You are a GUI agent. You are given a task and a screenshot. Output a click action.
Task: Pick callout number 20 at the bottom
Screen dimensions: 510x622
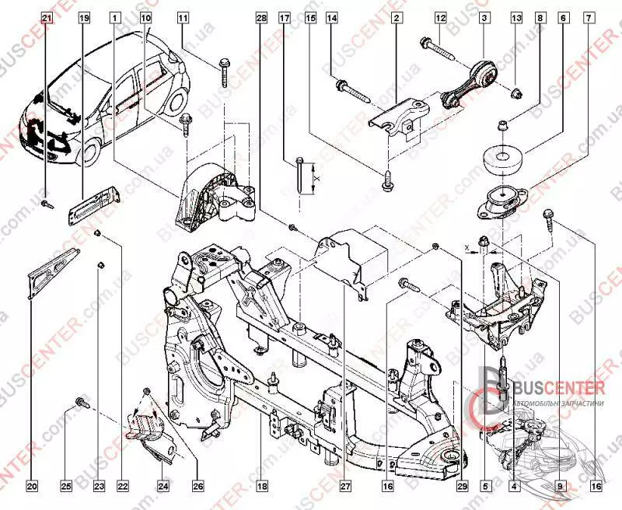pos(32,487)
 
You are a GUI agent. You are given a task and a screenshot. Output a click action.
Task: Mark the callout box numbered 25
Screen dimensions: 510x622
pos(66,487)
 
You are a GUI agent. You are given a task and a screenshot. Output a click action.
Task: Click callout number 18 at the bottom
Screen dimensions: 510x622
pos(262,487)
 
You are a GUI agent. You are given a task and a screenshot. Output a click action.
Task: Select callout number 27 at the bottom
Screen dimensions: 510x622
pos(343,487)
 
